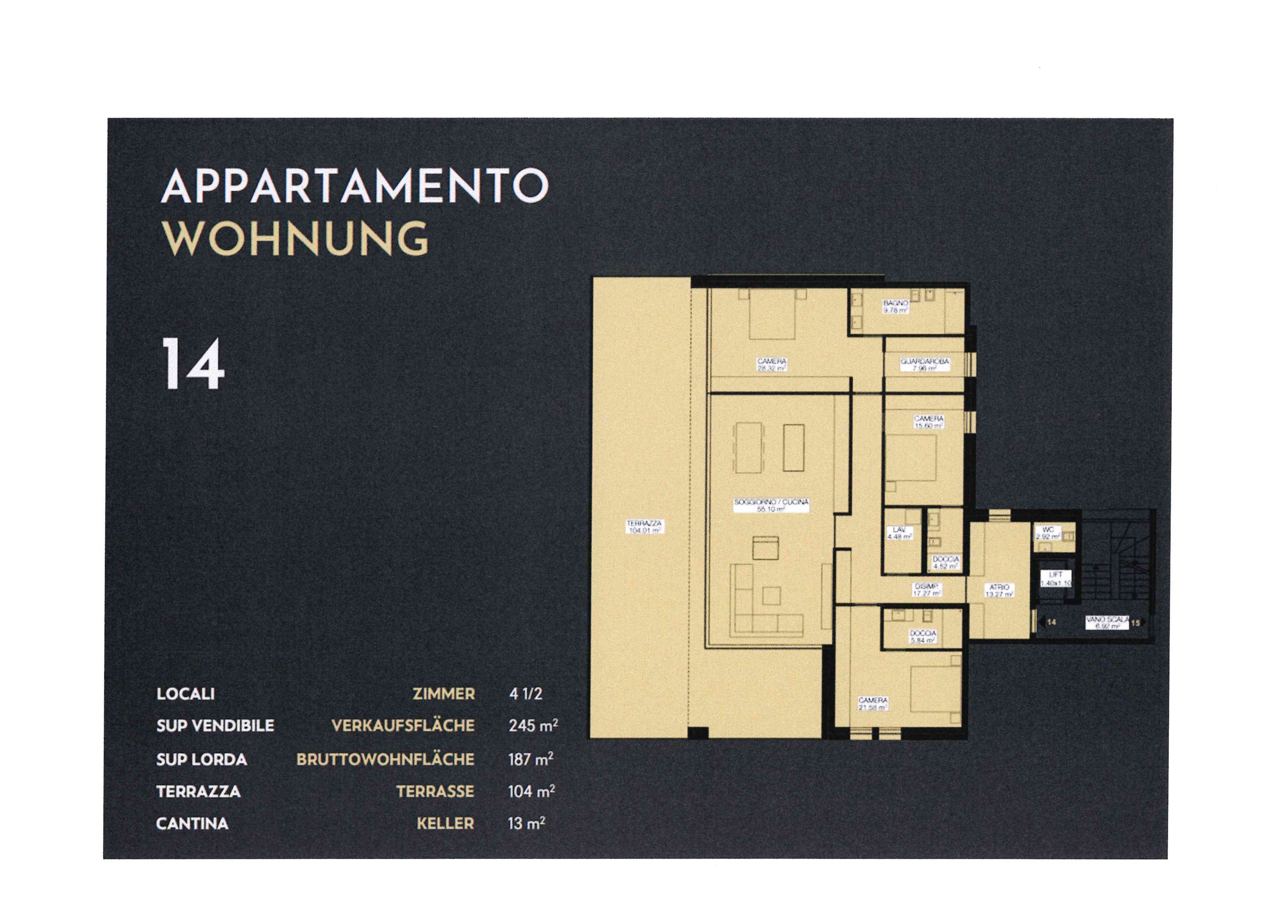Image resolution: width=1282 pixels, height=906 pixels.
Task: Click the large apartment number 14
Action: click(193, 365)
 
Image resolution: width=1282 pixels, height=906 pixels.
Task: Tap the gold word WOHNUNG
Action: click(295, 238)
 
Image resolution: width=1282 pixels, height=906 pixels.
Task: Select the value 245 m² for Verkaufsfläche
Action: click(533, 726)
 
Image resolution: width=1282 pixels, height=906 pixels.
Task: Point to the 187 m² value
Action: click(530, 759)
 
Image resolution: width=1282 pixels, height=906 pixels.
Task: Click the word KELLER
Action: click(445, 823)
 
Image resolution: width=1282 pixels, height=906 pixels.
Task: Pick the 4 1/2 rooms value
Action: click(525, 694)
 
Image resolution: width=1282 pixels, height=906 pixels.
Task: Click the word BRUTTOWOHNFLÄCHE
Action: click(385, 759)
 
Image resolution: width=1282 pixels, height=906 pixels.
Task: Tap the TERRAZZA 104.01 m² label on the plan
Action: click(645, 527)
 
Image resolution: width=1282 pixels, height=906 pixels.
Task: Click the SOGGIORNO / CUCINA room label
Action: click(771, 505)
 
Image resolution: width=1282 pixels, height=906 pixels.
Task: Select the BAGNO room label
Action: click(895, 306)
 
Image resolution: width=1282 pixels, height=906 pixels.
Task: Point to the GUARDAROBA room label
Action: click(924, 364)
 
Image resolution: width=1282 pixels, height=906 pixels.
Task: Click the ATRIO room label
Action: click(999, 591)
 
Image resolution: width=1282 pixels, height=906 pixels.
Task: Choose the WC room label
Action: click(1048, 533)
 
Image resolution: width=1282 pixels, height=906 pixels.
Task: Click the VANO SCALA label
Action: click(1107, 622)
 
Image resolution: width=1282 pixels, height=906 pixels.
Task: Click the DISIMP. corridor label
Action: click(927, 590)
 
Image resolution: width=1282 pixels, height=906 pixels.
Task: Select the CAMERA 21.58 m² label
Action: click(873, 703)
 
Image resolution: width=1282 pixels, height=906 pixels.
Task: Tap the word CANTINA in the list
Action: click(192, 823)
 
